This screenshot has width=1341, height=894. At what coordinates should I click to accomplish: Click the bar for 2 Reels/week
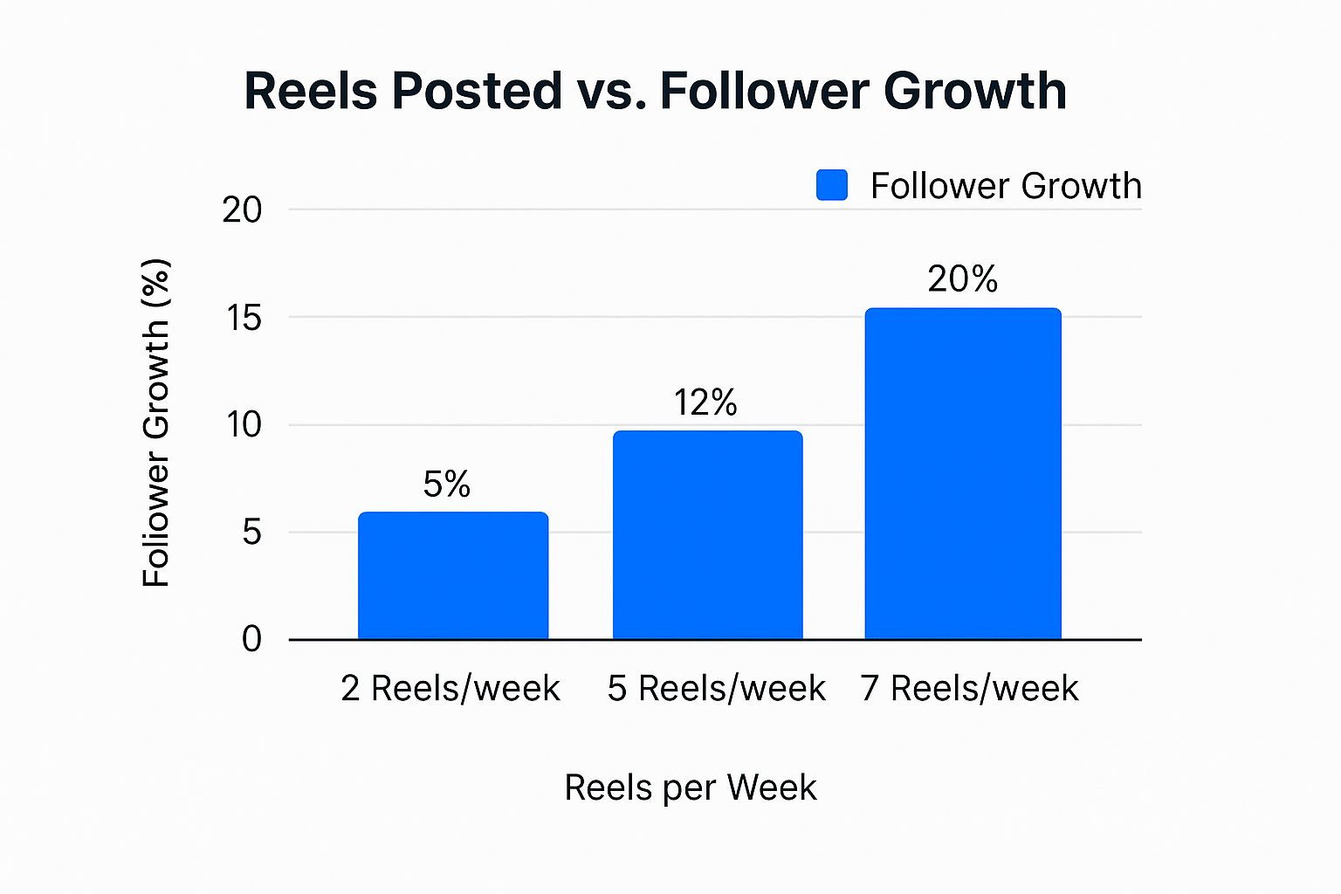coord(453,576)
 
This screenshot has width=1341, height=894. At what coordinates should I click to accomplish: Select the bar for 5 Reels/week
coord(707,535)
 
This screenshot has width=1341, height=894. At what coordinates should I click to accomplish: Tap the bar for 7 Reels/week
coord(963,474)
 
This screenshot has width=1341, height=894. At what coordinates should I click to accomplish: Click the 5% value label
coord(447,485)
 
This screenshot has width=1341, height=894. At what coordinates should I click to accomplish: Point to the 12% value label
coord(705,402)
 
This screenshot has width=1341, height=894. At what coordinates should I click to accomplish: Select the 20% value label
coord(963,279)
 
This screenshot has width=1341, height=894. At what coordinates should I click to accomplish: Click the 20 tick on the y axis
coord(242,210)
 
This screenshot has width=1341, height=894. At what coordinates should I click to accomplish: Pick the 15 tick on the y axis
coord(244,318)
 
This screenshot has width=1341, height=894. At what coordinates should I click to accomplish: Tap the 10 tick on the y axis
coord(244,425)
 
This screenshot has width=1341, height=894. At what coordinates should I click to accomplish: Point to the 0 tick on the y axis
coord(251,639)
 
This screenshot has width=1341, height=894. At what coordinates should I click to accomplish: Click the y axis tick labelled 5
coord(251,532)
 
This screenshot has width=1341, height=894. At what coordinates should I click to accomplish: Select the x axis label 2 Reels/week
coord(450,689)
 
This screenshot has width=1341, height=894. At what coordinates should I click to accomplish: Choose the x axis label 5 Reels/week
coord(717,689)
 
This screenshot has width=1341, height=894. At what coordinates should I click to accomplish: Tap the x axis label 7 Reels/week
coord(970,689)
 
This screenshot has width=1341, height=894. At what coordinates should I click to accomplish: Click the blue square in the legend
coord(832,185)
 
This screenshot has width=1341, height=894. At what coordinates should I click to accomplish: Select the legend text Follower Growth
coord(1006,186)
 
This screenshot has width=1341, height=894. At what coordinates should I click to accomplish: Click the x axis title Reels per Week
coord(691,787)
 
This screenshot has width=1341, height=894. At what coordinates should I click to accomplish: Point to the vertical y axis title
coord(156,423)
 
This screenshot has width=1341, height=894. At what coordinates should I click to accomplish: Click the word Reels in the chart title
coord(310,91)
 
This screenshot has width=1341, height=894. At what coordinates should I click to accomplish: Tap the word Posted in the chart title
coord(477,91)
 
